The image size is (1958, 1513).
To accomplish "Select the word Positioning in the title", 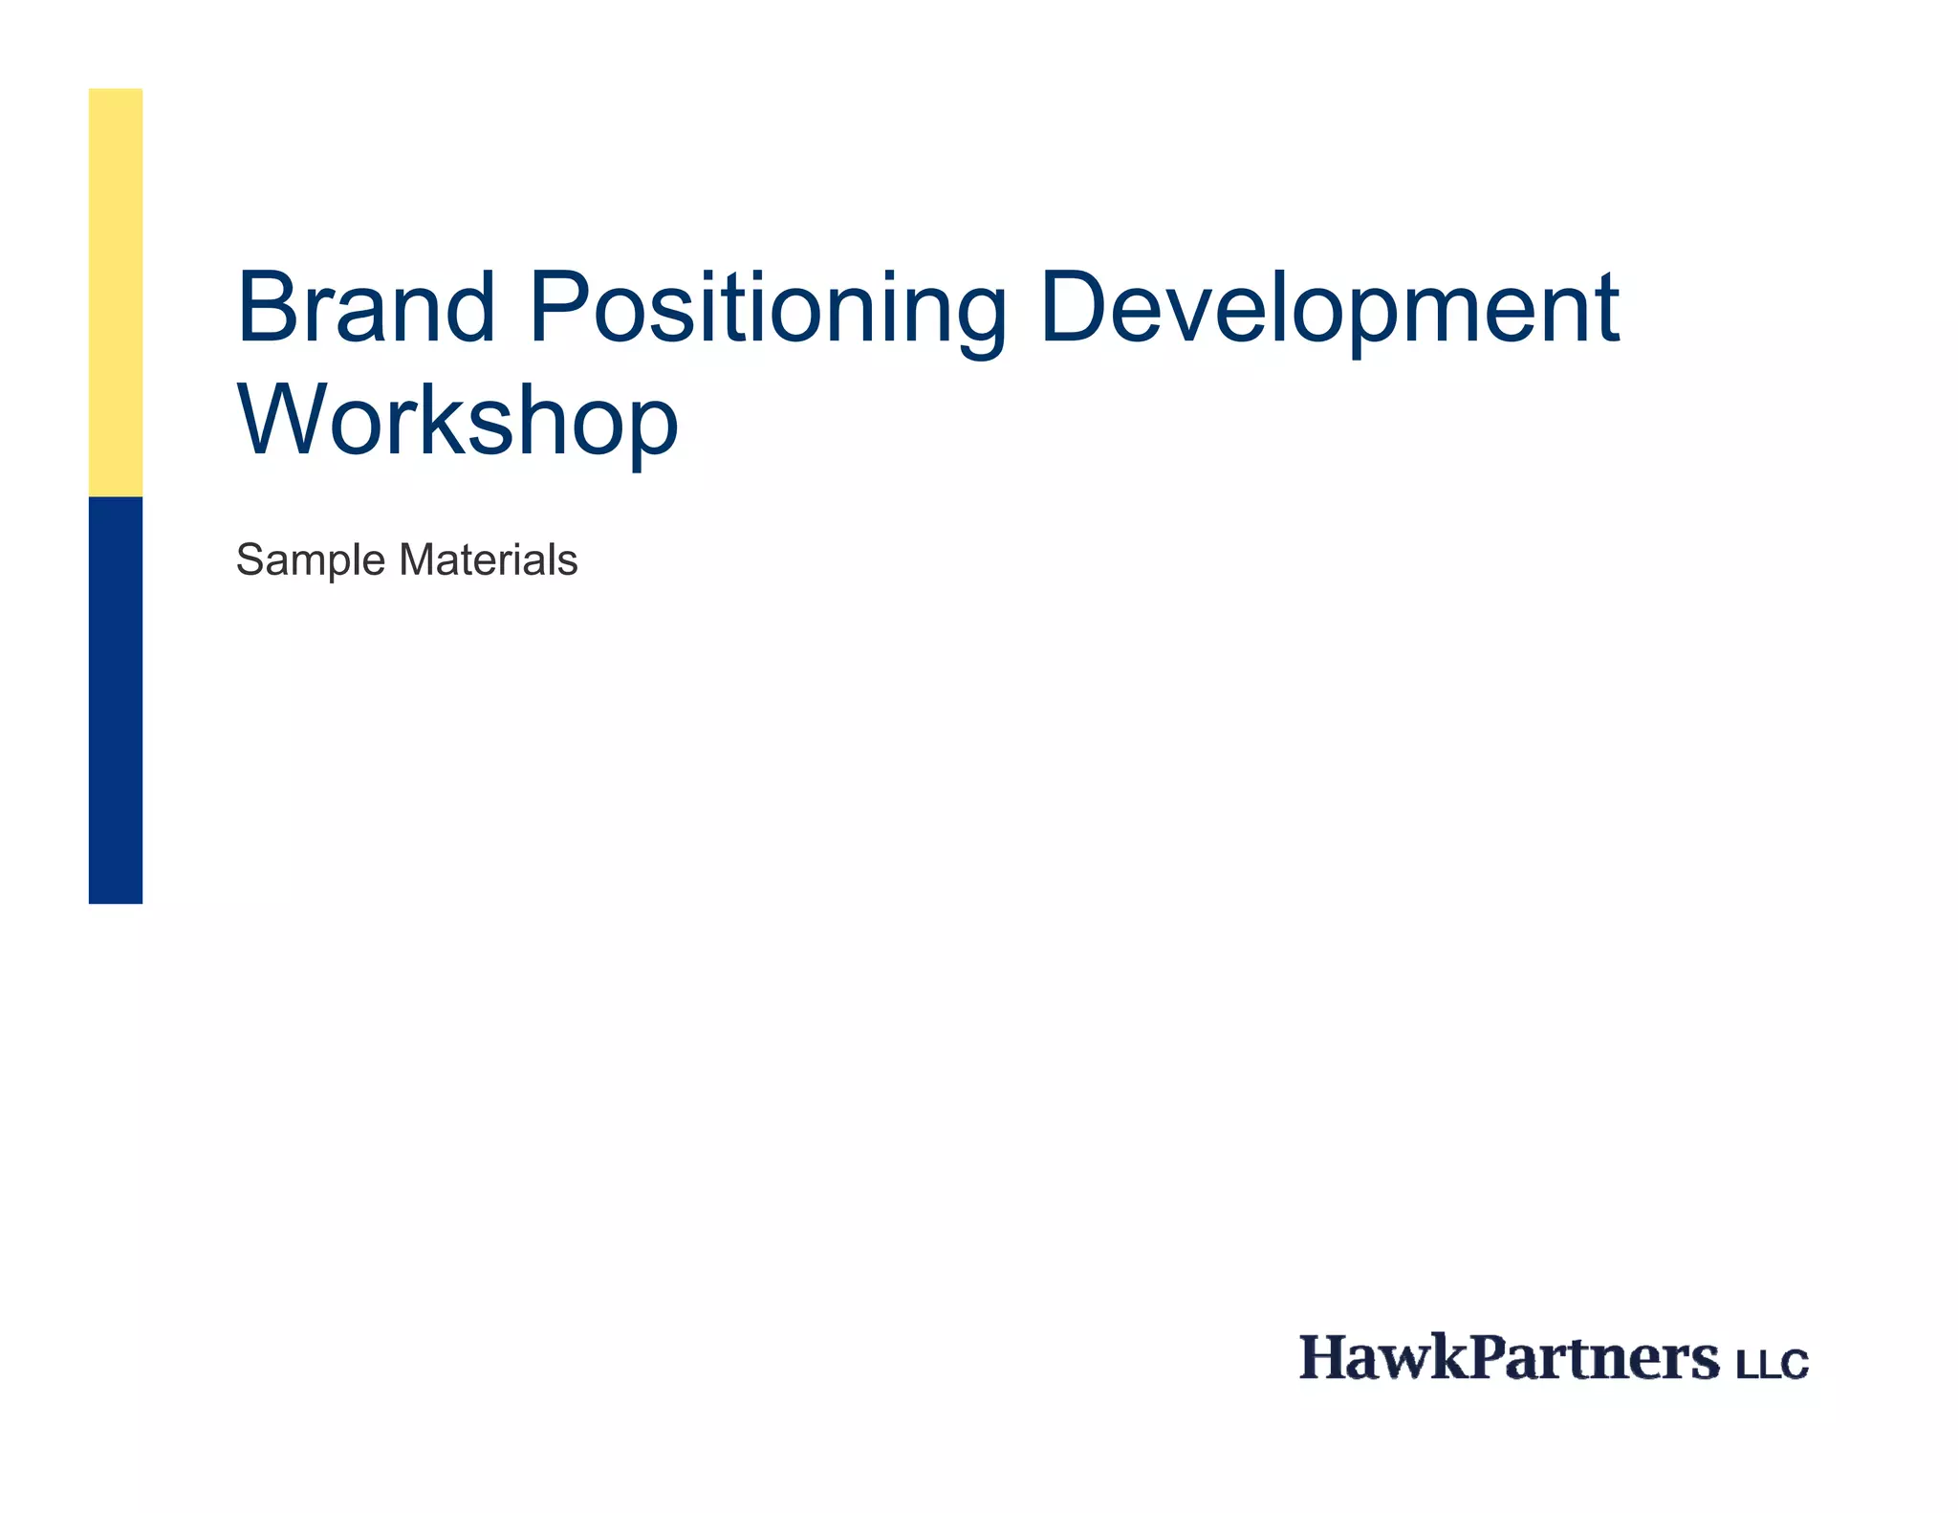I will tap(767, 309).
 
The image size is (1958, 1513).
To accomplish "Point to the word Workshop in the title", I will tap(457, 420).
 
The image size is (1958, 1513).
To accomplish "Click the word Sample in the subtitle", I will tap(311, 560).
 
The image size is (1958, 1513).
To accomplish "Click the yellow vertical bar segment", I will tap(116, 292).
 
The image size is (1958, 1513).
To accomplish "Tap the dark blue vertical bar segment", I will tap(116, 700).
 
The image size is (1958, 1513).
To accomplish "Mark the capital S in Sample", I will tap(250, 559).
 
